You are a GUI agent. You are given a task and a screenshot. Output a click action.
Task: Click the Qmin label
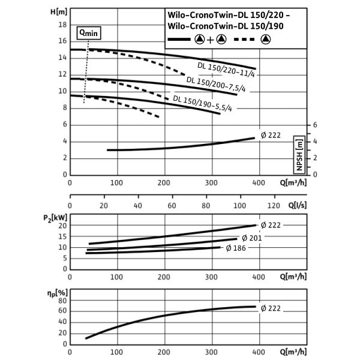coord(89,34)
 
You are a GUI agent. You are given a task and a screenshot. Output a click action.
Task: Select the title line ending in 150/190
coord(226,26)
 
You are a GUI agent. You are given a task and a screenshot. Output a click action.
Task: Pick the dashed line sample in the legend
coord(244,40)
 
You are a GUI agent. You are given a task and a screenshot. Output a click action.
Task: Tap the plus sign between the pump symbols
coord(210,40)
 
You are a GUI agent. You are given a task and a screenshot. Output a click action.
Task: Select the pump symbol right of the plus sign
coord(221,40)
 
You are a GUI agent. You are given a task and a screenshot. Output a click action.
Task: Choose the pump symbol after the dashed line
coord(265,40)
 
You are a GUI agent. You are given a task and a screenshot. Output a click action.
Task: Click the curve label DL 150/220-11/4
coord(225,70)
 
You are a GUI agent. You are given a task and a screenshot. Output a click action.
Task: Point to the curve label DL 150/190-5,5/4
coord(203,104)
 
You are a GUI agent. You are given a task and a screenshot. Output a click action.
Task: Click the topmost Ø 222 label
coord(270,136)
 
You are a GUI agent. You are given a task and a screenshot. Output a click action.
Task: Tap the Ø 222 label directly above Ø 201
coord(270,225)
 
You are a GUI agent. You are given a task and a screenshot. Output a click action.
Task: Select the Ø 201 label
coord(251,238)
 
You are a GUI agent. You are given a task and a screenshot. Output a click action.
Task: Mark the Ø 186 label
coord(236,248)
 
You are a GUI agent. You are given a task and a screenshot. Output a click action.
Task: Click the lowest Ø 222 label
coord(270,308)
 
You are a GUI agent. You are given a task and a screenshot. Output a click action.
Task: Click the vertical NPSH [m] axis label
coord(299,155)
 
